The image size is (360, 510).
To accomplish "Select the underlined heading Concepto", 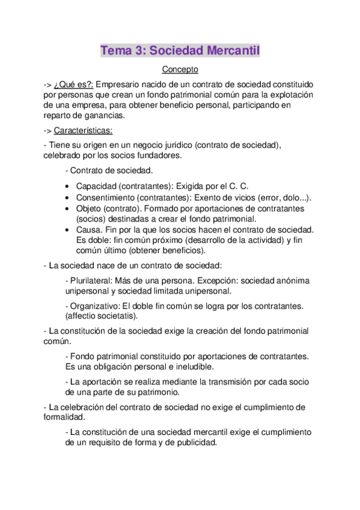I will [180, 70].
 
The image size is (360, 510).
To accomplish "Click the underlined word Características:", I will [83, 131].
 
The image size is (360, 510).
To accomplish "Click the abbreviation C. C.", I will [239, 187].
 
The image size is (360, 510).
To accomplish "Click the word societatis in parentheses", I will [115, 316].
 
